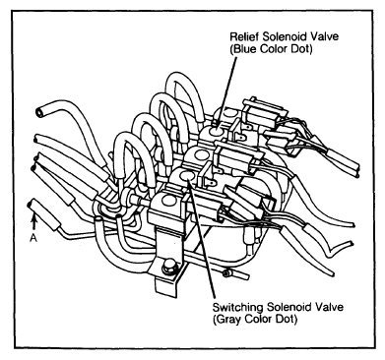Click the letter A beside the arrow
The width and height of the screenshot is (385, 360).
[33, 239]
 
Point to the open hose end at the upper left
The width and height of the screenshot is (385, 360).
[40, 112]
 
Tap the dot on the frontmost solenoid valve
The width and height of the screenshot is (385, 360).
[167, 201]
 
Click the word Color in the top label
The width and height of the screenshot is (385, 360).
[273, 49]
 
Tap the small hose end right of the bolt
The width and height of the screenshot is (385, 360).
[225, 273]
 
